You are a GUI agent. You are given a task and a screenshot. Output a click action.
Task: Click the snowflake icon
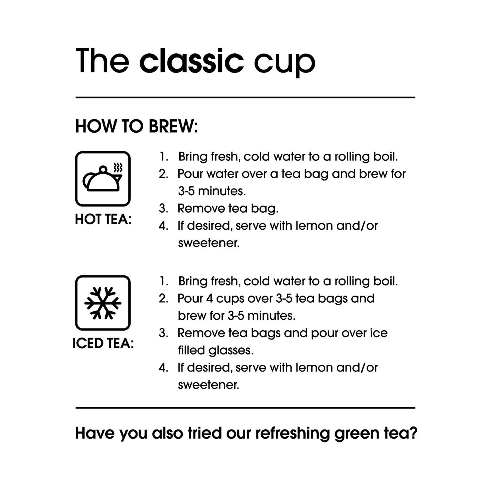103,303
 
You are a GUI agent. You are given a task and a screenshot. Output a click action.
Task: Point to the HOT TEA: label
103,219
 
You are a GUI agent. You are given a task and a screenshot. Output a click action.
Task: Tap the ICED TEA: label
103,343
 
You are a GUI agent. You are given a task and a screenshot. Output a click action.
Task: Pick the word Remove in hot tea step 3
201,208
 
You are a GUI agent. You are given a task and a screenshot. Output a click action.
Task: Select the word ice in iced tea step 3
379,333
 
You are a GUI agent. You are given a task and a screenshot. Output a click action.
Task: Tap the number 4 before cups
209,298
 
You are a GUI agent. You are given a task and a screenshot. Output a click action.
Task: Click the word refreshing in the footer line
292,433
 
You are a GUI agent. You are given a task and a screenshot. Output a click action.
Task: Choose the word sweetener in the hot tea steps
208,243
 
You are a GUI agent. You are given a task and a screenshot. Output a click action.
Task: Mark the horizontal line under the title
245,98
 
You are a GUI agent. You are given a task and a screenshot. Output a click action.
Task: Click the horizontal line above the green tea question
245,407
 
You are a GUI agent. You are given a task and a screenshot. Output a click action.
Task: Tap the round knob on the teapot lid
103,169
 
